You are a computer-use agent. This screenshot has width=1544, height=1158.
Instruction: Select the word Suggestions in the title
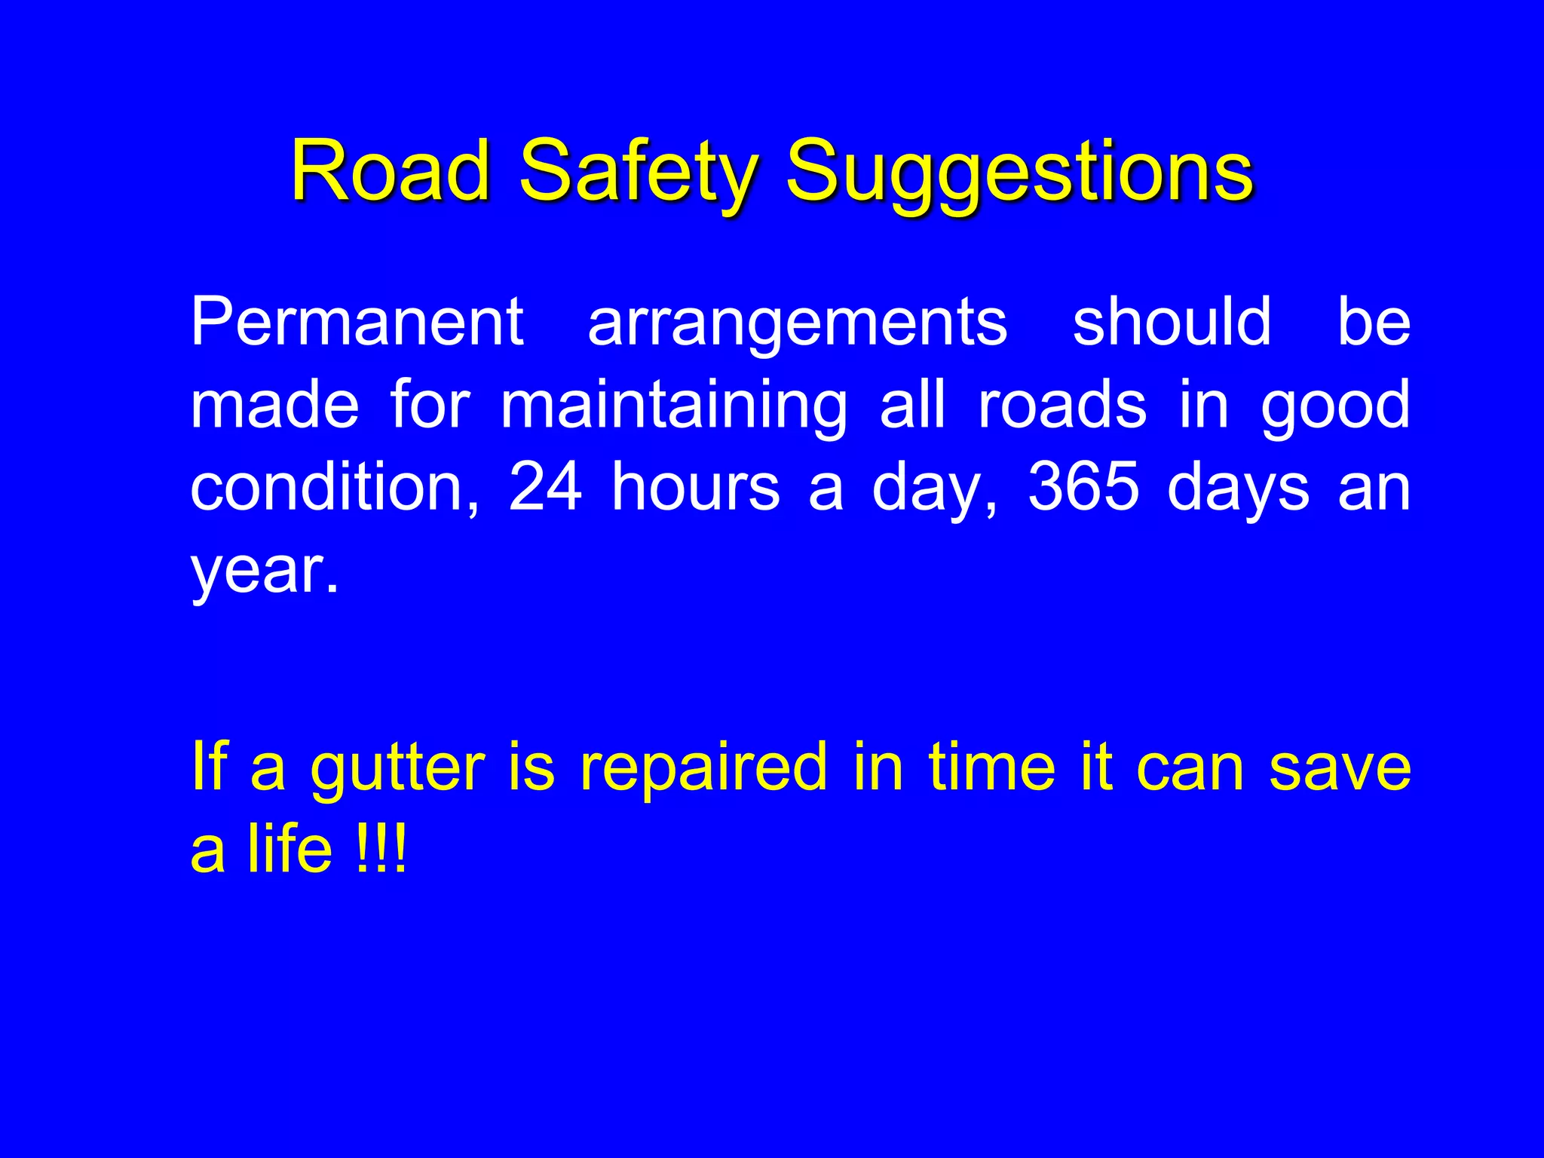[1019, 175]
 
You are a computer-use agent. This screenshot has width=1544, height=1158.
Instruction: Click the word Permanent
[357, 321]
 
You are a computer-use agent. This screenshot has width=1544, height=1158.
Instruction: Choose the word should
[1172, 321]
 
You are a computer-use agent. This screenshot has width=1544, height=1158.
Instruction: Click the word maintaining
[674, 407]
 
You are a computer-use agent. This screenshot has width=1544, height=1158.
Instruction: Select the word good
[1335, 407]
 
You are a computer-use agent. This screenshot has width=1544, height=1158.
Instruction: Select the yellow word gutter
[398, 769]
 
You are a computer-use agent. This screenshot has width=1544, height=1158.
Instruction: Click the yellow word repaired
[703, 769]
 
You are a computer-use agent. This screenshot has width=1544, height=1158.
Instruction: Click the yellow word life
[290, 849]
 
